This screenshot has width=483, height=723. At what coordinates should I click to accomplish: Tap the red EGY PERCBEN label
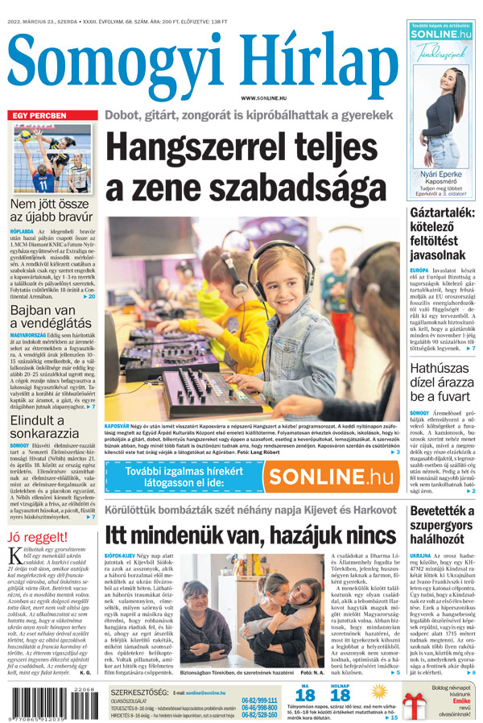[x=39, y=116]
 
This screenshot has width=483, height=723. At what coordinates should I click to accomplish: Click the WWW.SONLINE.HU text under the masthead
[x=263, y=97]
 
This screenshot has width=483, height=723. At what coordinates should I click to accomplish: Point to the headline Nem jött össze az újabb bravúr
[x=50, y=212]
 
